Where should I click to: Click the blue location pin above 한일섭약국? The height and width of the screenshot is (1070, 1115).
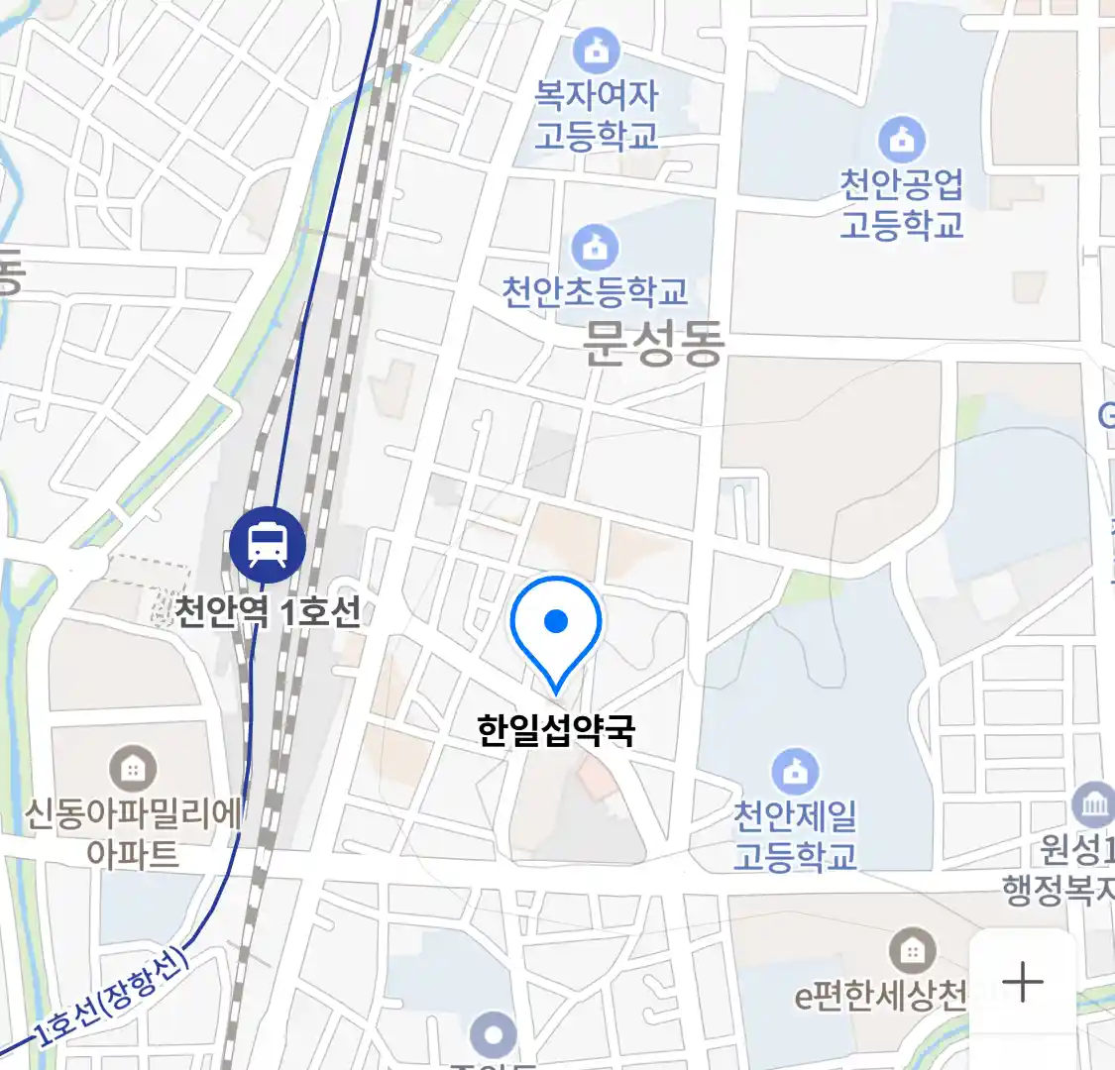click(x=556, y=625)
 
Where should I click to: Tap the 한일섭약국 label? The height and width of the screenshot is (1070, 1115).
click(x=556, y=730)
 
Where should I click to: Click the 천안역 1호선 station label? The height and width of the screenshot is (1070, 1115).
click(x=268, y=610)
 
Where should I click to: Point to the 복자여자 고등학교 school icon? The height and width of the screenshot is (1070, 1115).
click(x=597, y=49)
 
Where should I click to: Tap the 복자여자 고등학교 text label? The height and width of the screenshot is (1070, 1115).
click(x=597, y=115)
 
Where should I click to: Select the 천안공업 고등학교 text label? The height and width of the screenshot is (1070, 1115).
click(x=901, y=204)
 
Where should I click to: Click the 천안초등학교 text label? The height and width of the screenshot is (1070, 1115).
click(x=595, y=292)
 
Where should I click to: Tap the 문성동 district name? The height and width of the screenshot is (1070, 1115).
click(x=654, y=343)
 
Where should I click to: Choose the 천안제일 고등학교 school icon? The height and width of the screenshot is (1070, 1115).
click(x=795, y=771)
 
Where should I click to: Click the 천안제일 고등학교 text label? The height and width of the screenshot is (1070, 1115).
click(x=795, y=835)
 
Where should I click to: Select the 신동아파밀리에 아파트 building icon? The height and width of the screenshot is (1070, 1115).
click(x=132, y=767)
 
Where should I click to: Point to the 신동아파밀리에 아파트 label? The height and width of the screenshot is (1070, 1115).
click(x=132, y=833)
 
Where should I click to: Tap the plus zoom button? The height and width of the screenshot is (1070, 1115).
click(x=1023, y=983)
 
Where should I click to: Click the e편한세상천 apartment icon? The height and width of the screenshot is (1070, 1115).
click(x=912, y=951)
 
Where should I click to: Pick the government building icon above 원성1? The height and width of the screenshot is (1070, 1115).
click(x=1094, y=804)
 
